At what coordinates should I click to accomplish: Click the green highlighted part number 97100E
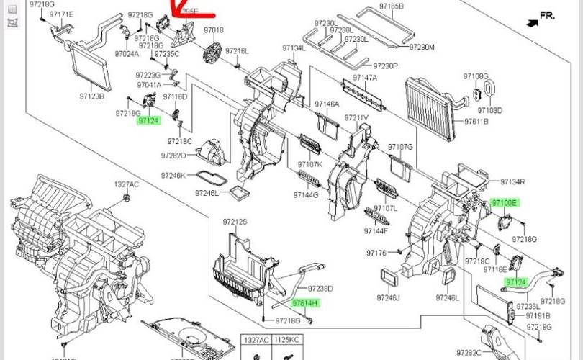click(x=504, y=204)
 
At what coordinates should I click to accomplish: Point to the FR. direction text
click(x=547, y=15)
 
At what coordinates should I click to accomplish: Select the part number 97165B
click(x=392, y=6)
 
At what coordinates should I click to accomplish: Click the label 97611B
click(x=476, y=122)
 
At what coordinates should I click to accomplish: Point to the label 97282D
click(x=173, y=155)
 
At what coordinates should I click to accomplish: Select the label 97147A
click(x=365, y=77)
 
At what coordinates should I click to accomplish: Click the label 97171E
click(x=61, y=14)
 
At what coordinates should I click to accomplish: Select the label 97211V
click(x=356, y=117)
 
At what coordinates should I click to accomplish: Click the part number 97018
click(x=214, y=30)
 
